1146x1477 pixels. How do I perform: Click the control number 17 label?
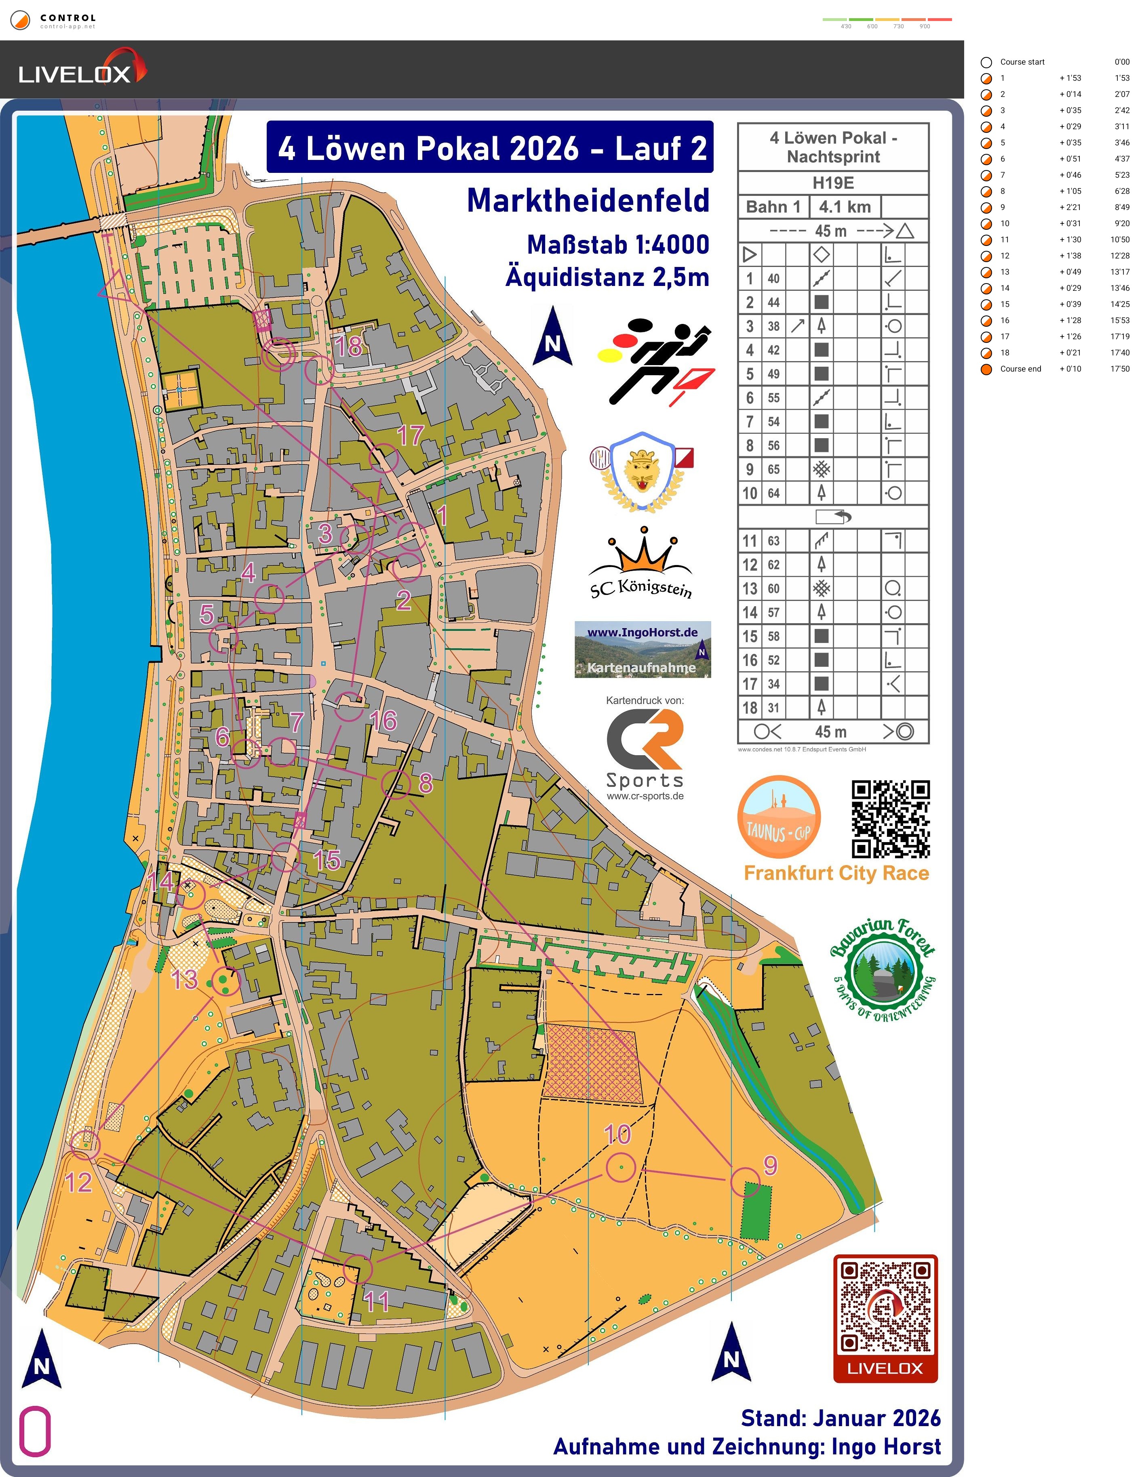pos(410,435)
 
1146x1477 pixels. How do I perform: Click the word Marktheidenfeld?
pos(588,201)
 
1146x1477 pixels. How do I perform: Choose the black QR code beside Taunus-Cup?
pos(890,819)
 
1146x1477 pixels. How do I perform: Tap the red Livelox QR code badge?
pos(885,1318)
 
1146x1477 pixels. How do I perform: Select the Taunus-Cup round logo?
pos(779,817)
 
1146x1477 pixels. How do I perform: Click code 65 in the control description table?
pos(773,469)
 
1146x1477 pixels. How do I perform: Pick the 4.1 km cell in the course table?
pos(845,207)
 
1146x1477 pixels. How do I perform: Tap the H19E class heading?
pos(833,183)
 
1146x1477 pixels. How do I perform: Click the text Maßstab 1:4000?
pos(617,245)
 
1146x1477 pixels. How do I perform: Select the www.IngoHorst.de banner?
pos(642,649)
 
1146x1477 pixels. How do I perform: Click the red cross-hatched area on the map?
pos(591,1063)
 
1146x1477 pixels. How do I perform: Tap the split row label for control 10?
pos(1005,224)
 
